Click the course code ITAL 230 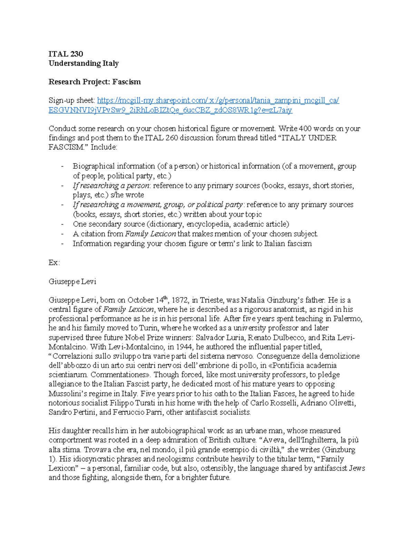(x=66, y=54)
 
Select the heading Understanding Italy (x=83, y=63)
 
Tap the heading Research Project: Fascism (x=95, y=82)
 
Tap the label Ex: (x=54, y=262)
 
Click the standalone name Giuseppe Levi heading (x=72, y=281)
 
